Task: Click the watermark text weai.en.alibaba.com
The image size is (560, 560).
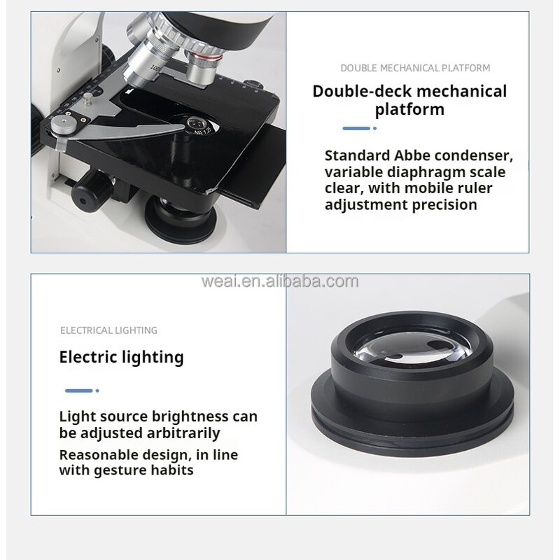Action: click(279, 281)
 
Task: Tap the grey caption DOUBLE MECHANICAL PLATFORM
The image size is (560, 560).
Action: click(415, 68)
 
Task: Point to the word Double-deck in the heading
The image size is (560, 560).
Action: click(362, 91)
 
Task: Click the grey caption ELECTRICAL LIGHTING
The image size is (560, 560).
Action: click(108, 330)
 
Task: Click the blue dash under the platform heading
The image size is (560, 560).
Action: click(356, 128)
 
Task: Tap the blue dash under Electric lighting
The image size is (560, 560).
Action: click(78, 391)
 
